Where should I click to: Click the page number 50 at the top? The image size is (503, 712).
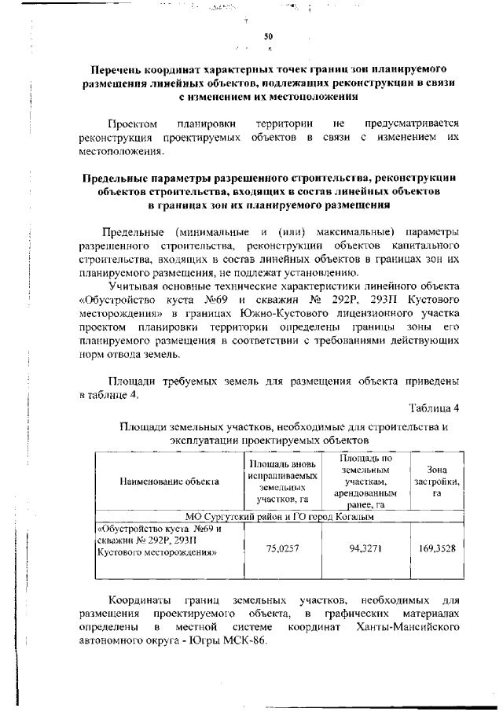click(267, 36)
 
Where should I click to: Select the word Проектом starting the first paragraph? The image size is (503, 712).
click(133, 124)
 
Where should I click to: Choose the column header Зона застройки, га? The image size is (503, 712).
click(438, 481)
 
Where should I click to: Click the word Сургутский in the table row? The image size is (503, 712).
click(228, 517)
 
